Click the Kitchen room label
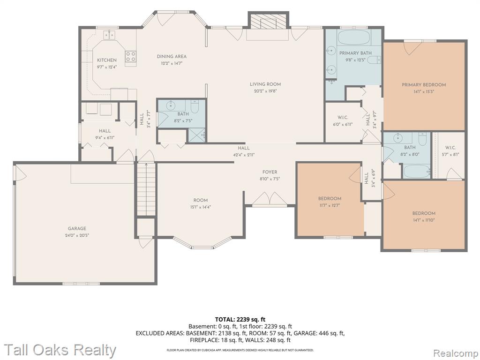click(106, 60)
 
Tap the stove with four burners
click(130, 56)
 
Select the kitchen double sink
click(109, 35)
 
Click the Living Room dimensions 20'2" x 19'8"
click(265, 91)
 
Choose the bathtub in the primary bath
click(354, 37)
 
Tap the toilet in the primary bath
click(374, 60)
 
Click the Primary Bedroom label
click(424, 85)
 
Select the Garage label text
click(77, 228)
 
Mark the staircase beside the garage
click(146, 189)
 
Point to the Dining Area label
click(172, 56)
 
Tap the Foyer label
click(270, 172)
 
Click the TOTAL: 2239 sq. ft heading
click(240, 320)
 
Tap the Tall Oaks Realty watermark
click(60, 350)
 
